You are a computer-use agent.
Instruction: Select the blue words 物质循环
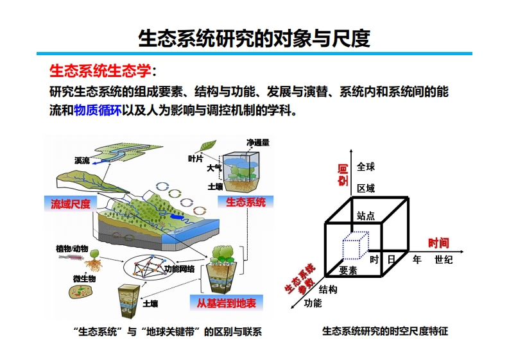pos(98,110)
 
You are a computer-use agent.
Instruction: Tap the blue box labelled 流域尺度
pos(71,204)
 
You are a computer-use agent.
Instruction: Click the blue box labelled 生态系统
pos(245,203)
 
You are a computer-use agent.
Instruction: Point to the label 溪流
pos(82,160)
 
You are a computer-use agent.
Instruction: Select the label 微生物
pos(84,279)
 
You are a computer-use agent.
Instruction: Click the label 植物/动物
pos(72,248)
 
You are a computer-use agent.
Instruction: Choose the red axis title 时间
pos(439,243)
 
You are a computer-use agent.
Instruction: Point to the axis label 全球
pos(366,167)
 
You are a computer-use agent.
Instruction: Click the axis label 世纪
pos(444,259)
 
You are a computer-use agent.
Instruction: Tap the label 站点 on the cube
pos(366,216)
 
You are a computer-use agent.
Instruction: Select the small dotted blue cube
pos(356,245)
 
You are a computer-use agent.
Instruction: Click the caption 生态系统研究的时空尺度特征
pos(384,332)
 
